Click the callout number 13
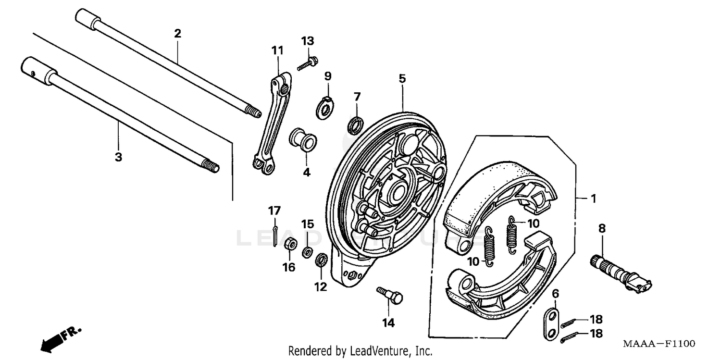pyautogui.click(x=308, y=40)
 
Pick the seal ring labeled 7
pyautogui.click(x=356, y=124)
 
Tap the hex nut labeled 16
pyautogui.click(x=290, y=244)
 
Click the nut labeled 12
pyautogui.click(x=321, y=262)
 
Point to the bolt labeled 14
pyautogui.click(x=390, y=295)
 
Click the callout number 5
pyautogui.click(x=402, y=78)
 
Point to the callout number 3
pyautogui.click(x=118, y=157)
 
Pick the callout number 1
pyautogui.click(x=593, y=198)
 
